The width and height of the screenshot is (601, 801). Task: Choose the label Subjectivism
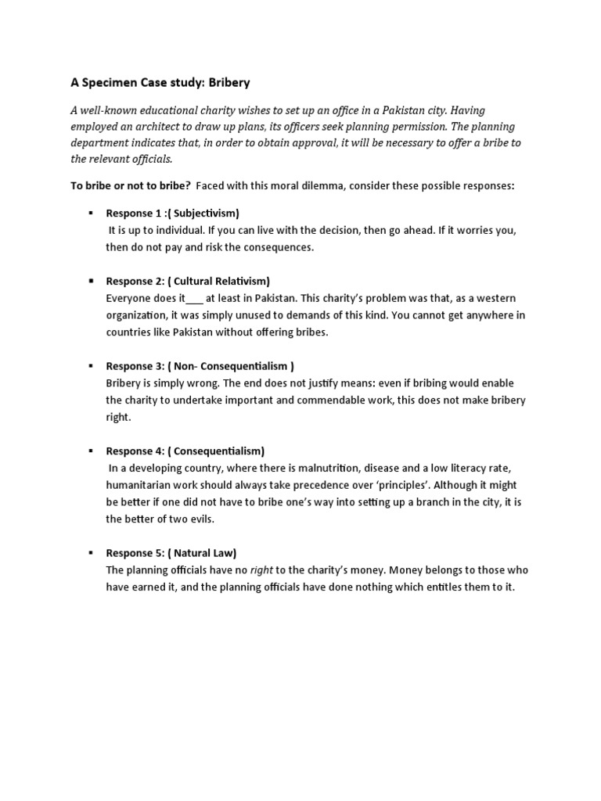tap(205, 213)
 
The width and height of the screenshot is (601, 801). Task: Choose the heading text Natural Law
tap(204, 553)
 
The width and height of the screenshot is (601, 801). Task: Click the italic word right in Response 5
tap(261, 570)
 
